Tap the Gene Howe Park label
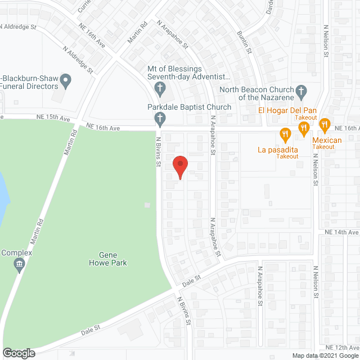pos(108,258)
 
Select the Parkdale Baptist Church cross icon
pos(160,118)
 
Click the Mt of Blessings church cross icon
pos(160,88)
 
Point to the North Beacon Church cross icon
pos(301,90)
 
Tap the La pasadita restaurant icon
pos(285,134)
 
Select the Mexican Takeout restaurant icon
pos(323,124)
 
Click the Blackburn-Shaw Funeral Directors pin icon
pos(66,82)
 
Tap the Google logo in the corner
pos(18,353)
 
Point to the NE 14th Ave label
pos(341,232)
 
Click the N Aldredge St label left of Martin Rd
pos(78,58)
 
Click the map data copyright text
pos(325,355)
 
